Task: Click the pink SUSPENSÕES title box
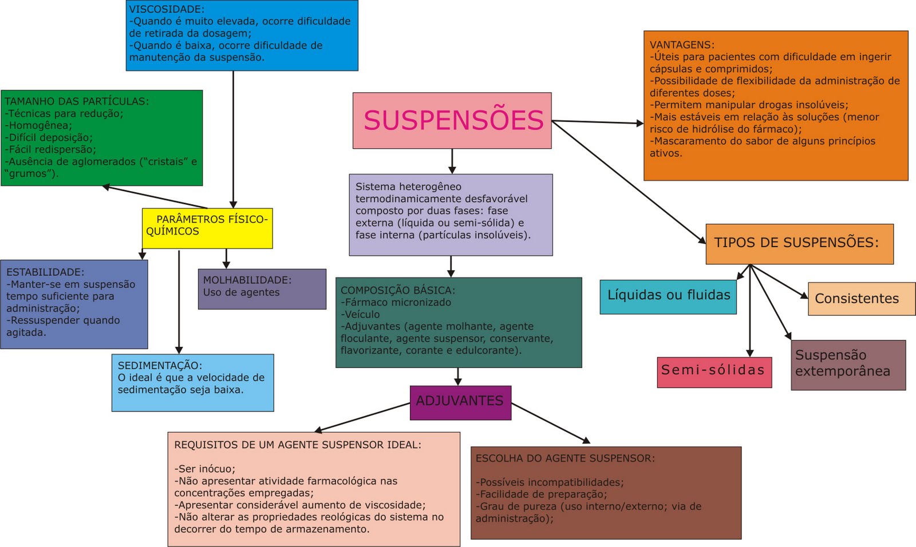452,121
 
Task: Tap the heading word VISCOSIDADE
166,9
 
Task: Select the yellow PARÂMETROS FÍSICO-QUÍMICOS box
207,228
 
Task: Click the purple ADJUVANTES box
460,402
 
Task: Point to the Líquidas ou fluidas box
668,296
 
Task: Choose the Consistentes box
857,299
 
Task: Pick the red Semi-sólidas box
713,372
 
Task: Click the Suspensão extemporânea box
848,364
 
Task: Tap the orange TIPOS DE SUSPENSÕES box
799,244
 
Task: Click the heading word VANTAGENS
681,45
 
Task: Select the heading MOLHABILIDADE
247,280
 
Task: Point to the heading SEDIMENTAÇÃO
159,366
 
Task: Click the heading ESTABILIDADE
45,272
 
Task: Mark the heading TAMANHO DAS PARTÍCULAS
76,101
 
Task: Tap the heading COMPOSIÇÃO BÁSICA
397,290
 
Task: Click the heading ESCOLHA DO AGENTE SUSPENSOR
565,458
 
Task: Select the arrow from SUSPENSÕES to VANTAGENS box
598,122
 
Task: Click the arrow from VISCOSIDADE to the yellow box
233,137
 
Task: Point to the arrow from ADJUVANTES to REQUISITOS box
362,417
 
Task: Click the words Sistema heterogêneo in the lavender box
408,187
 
